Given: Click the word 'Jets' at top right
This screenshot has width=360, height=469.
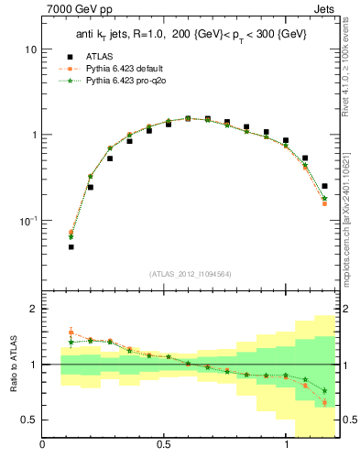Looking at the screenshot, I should click(x=324, y=10).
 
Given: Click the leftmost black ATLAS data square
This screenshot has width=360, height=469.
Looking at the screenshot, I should click(x=71, y=246).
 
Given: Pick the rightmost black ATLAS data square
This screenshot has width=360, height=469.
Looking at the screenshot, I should click(x=324, y=186).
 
